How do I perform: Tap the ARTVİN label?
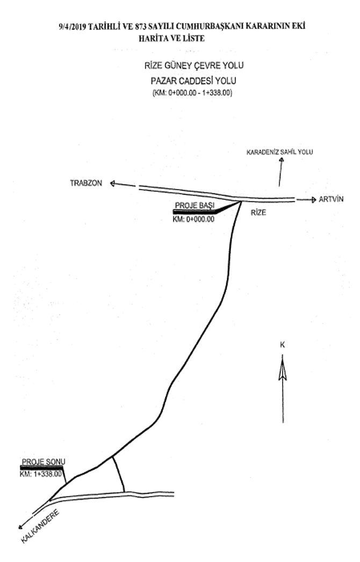pyautogui.click(x=331, y=200)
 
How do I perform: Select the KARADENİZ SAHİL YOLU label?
pyautogui.click(x=279, y=153)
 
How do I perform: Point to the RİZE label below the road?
pyautogui.click(x=259, y=212)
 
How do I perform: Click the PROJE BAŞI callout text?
pyautogui.click(x=195, y=205)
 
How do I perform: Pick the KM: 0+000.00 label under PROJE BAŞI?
pyautogui.click(x=193, y=219)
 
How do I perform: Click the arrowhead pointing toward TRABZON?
pyautogui.click(x=113, y=183)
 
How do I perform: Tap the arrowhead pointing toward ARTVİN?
pyautogui.click(x=313, y=200)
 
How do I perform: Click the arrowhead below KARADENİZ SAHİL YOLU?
pyautogui.click(x=280, y=162)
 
